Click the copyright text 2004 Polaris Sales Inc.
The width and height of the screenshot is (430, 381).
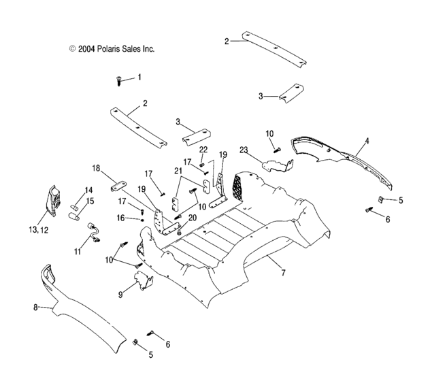coord(112,49)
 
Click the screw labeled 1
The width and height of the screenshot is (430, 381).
coord(118,82)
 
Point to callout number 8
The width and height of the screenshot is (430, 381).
coord(35,308)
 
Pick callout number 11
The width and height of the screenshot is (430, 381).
coord(76,252)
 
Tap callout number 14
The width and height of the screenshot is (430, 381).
coord(88,190)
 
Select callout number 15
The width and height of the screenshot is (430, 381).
coord(90,201)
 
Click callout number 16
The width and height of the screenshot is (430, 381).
coord(120,218)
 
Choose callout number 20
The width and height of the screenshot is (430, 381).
coord(192,217)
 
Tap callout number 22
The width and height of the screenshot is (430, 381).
coord(203,149)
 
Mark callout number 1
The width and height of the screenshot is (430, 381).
coord(139,77)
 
